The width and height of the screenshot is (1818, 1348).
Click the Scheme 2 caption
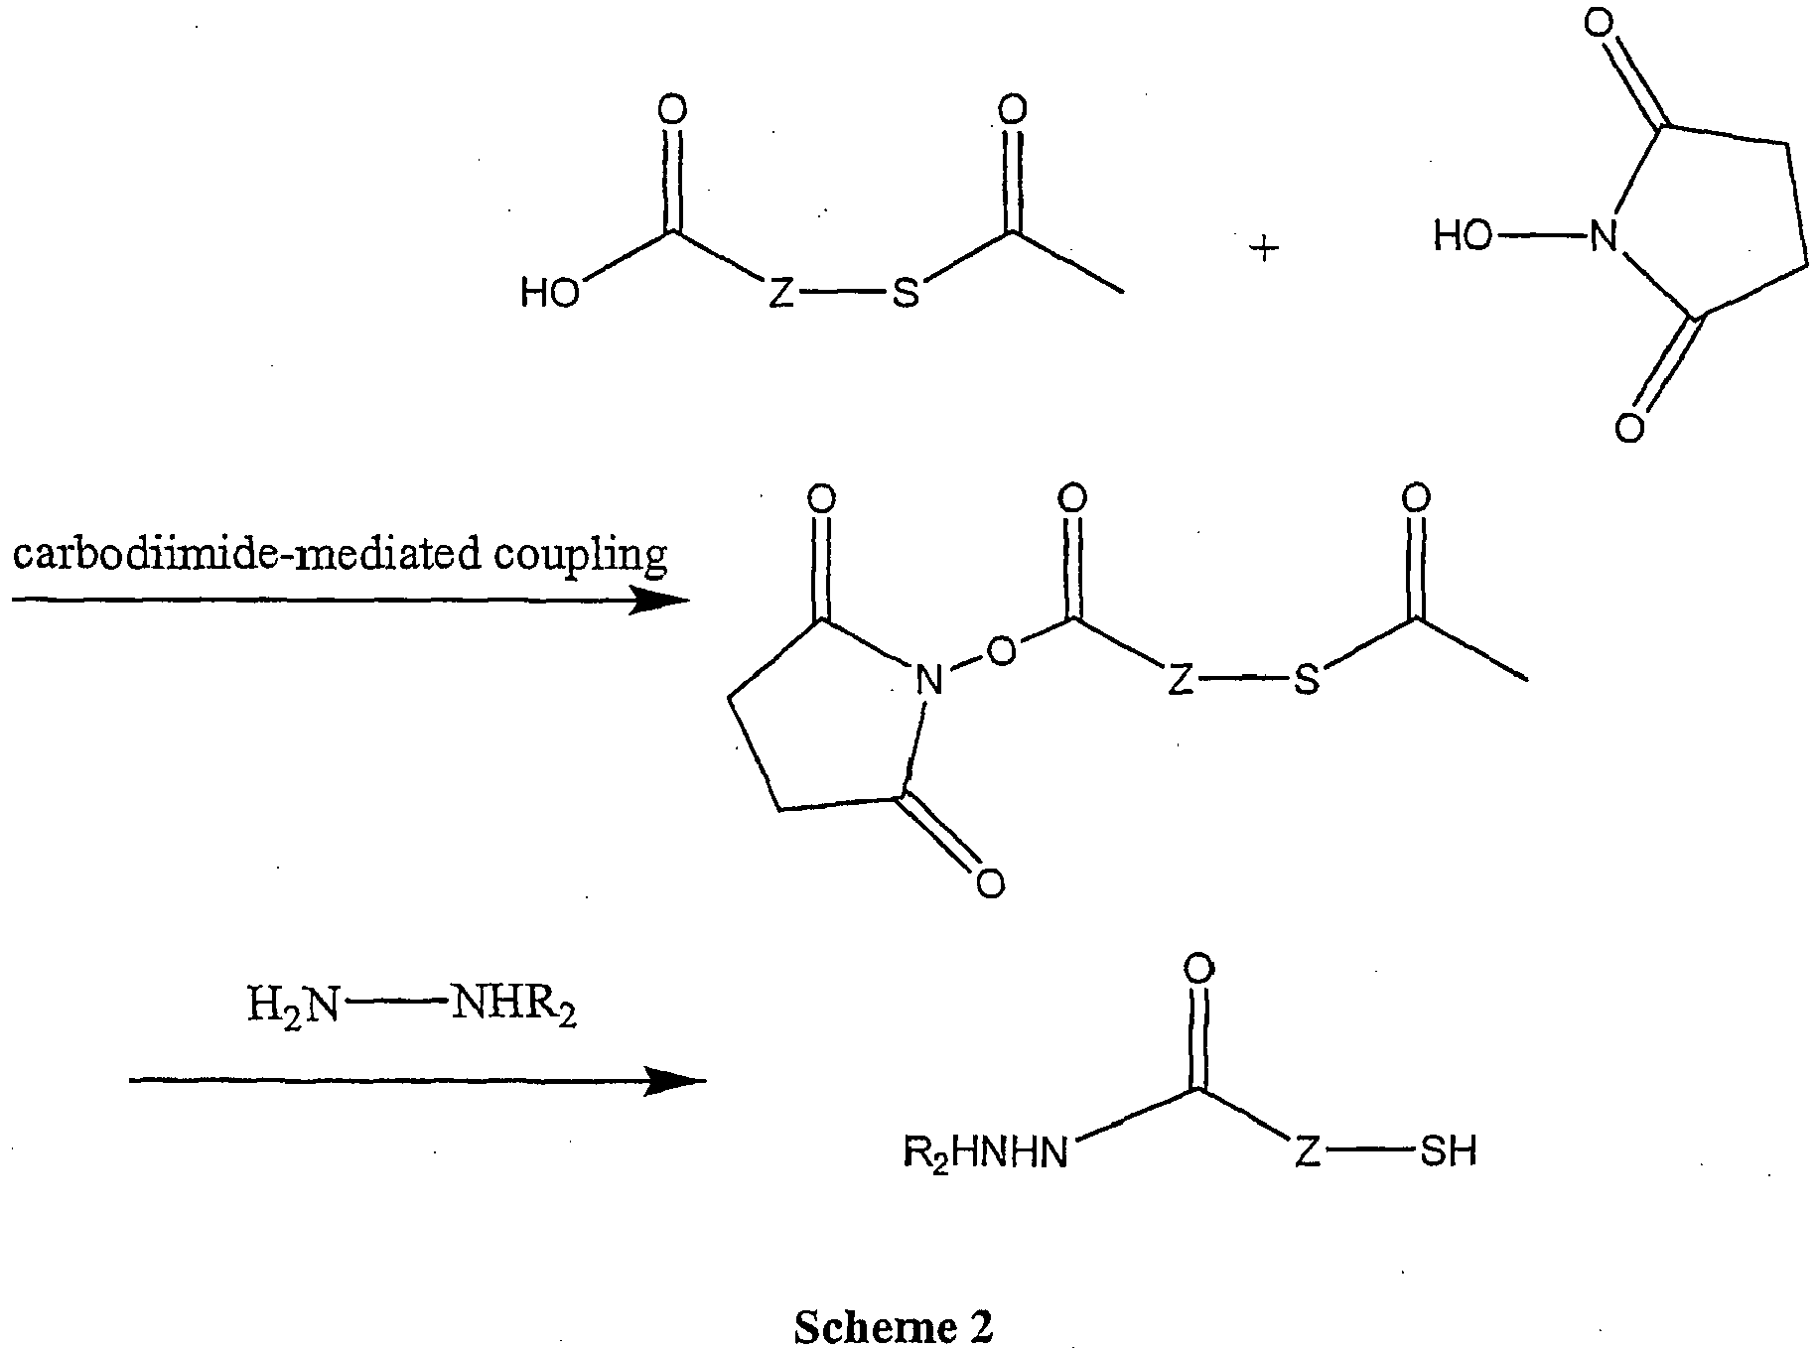coord(893,1326)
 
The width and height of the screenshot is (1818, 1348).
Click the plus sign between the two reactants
coord(1264,249)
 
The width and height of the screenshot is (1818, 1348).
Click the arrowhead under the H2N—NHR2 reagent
coord(675,1080)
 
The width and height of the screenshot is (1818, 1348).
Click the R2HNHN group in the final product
coord(985,1153)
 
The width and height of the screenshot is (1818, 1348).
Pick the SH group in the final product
coord(1449,1151)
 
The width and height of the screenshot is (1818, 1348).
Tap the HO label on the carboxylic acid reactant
coord(551,294)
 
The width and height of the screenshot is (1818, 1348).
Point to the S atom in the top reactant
coord(905,294)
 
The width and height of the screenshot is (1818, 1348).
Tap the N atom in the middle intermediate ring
coord(928,681)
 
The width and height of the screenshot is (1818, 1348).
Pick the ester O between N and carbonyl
coord(1004,651)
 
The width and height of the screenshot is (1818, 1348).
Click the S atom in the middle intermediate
coord(1308,681)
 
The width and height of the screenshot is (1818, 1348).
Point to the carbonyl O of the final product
coord(1199,969)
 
